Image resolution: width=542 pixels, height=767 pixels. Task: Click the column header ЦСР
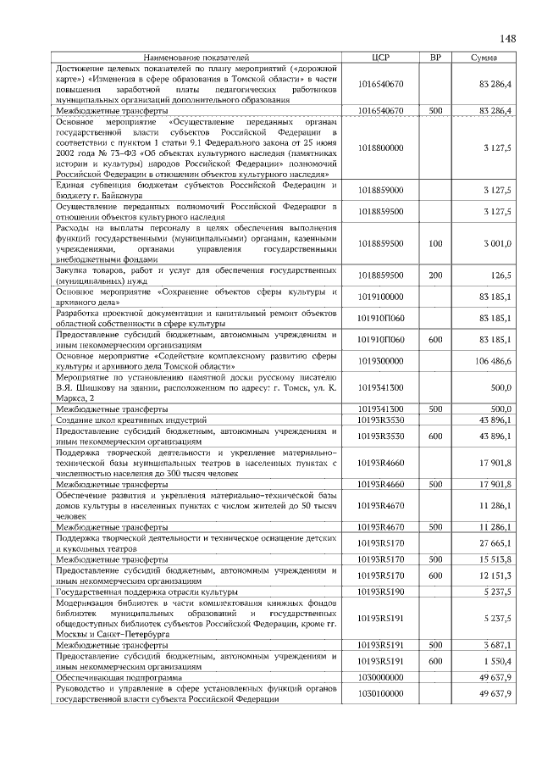380,57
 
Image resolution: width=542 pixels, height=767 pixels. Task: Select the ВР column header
435,57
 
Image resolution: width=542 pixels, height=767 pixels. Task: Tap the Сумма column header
484,57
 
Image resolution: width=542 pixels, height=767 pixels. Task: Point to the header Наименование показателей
196,57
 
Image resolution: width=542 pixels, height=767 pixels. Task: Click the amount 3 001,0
497,244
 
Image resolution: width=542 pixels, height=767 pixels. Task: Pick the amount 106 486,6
492,360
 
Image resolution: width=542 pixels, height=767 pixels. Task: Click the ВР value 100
435,244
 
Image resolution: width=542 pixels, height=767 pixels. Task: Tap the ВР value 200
435,275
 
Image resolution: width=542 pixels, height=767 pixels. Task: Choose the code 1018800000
380,147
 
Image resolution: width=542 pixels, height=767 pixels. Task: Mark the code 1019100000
380,297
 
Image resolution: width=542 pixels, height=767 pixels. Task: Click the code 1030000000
380,678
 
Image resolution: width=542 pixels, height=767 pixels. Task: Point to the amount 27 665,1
495,542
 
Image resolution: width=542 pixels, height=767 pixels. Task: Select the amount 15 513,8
495,559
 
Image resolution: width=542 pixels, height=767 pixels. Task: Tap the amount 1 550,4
497,661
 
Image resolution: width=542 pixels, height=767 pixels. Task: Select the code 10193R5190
380,591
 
